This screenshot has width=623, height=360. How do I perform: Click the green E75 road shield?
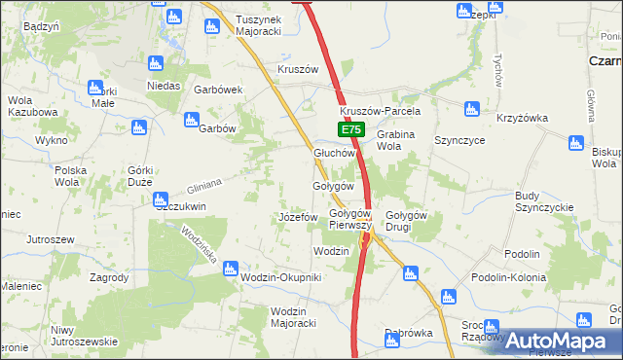click(351, 129)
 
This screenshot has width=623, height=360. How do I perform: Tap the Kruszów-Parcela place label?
click(379, 110)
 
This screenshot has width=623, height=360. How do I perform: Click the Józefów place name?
click(298, 216)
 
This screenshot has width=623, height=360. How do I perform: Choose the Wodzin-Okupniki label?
click(280, 277)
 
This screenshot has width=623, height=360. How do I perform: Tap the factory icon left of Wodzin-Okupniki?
click(231, 268)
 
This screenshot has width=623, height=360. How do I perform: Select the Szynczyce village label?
click(460, 140)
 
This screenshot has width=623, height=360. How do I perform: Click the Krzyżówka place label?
click(523, 119)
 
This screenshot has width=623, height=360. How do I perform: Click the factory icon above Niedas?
click(155, 64)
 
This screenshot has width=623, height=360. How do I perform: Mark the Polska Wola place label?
click(71, 175)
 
